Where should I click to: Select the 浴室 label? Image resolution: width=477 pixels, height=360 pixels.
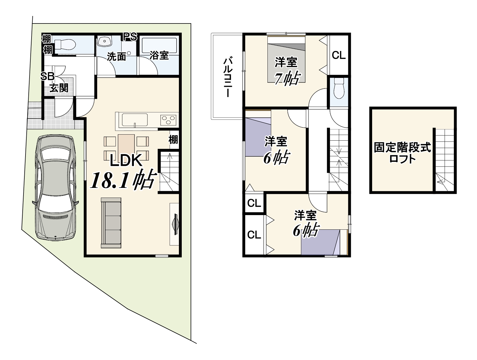pyautogui.click(x=159, y=55)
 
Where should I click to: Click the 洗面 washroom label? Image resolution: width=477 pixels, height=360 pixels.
pyautogui.click(x=116, y=57)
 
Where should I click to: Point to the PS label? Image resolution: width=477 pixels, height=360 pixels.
pyautogui.click(x=130, y=37)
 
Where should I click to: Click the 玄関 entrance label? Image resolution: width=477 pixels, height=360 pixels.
pyautogui.click(x=59, y=88)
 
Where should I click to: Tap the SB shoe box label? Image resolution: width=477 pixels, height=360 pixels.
pyautogui.click(x=47, y=76)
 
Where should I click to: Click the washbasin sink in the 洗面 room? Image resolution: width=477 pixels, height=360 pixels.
pyautogui.click(x=105, y=41)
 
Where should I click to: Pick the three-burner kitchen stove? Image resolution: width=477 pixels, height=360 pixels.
pyautogui.click(x=168, y=120)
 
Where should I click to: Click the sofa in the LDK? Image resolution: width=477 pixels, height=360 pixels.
pyautogui.click(x=111, y=223)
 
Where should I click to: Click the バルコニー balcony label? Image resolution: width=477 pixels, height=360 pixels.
pyautogui.click(x=228, y=77)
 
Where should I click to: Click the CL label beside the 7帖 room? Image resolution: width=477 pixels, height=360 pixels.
pyautogui.click(x=339, y=55)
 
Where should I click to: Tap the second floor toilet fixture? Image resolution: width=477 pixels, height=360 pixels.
pyautogui.click(x=339, y=88)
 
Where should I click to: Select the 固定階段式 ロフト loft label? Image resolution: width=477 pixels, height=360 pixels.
pyautogui.click(x=402, y=153)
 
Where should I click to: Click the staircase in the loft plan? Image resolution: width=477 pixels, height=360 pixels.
pyautogui.click(x=445, y=160)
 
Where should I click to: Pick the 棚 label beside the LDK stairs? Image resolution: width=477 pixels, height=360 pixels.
pyautogui.click(x=173, y=139)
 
